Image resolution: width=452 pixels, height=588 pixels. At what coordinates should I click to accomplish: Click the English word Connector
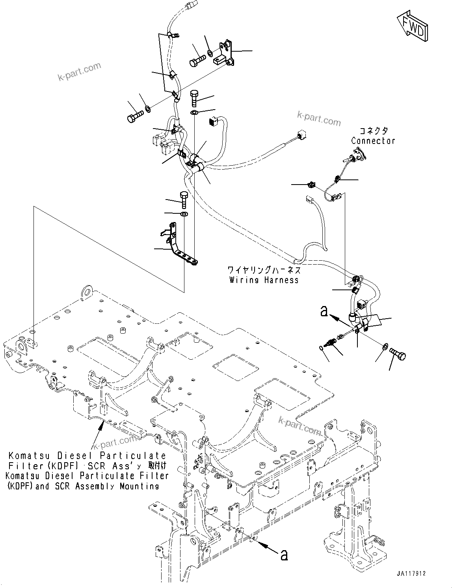point(373,141)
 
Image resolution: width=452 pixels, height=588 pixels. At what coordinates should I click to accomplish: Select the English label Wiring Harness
point(264,280)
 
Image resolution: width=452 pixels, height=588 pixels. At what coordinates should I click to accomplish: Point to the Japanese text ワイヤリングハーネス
point(264,270)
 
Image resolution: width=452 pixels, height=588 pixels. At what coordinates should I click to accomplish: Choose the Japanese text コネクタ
point(373,131)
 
